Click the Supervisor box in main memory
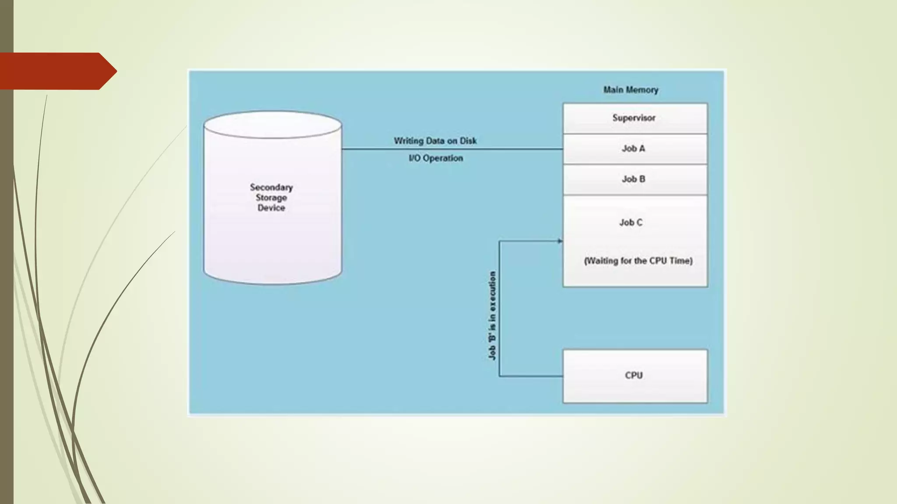(635, 118)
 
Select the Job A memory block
(635, 149)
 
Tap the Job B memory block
(635, 179)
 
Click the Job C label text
(631, 223)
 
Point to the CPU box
(635, 376)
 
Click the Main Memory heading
(631, 90)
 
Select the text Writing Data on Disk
(435, 141)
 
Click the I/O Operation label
(435, 158)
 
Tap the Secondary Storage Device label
(272, 197)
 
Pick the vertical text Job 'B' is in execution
(492, 315)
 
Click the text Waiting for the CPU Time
(638, 261)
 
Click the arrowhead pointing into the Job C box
(560, 241)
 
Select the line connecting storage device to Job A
(451, 149)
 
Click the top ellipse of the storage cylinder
(272, 125)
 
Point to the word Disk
(468, 141)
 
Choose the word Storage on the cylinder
(272, 198)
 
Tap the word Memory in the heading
(642, 90)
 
